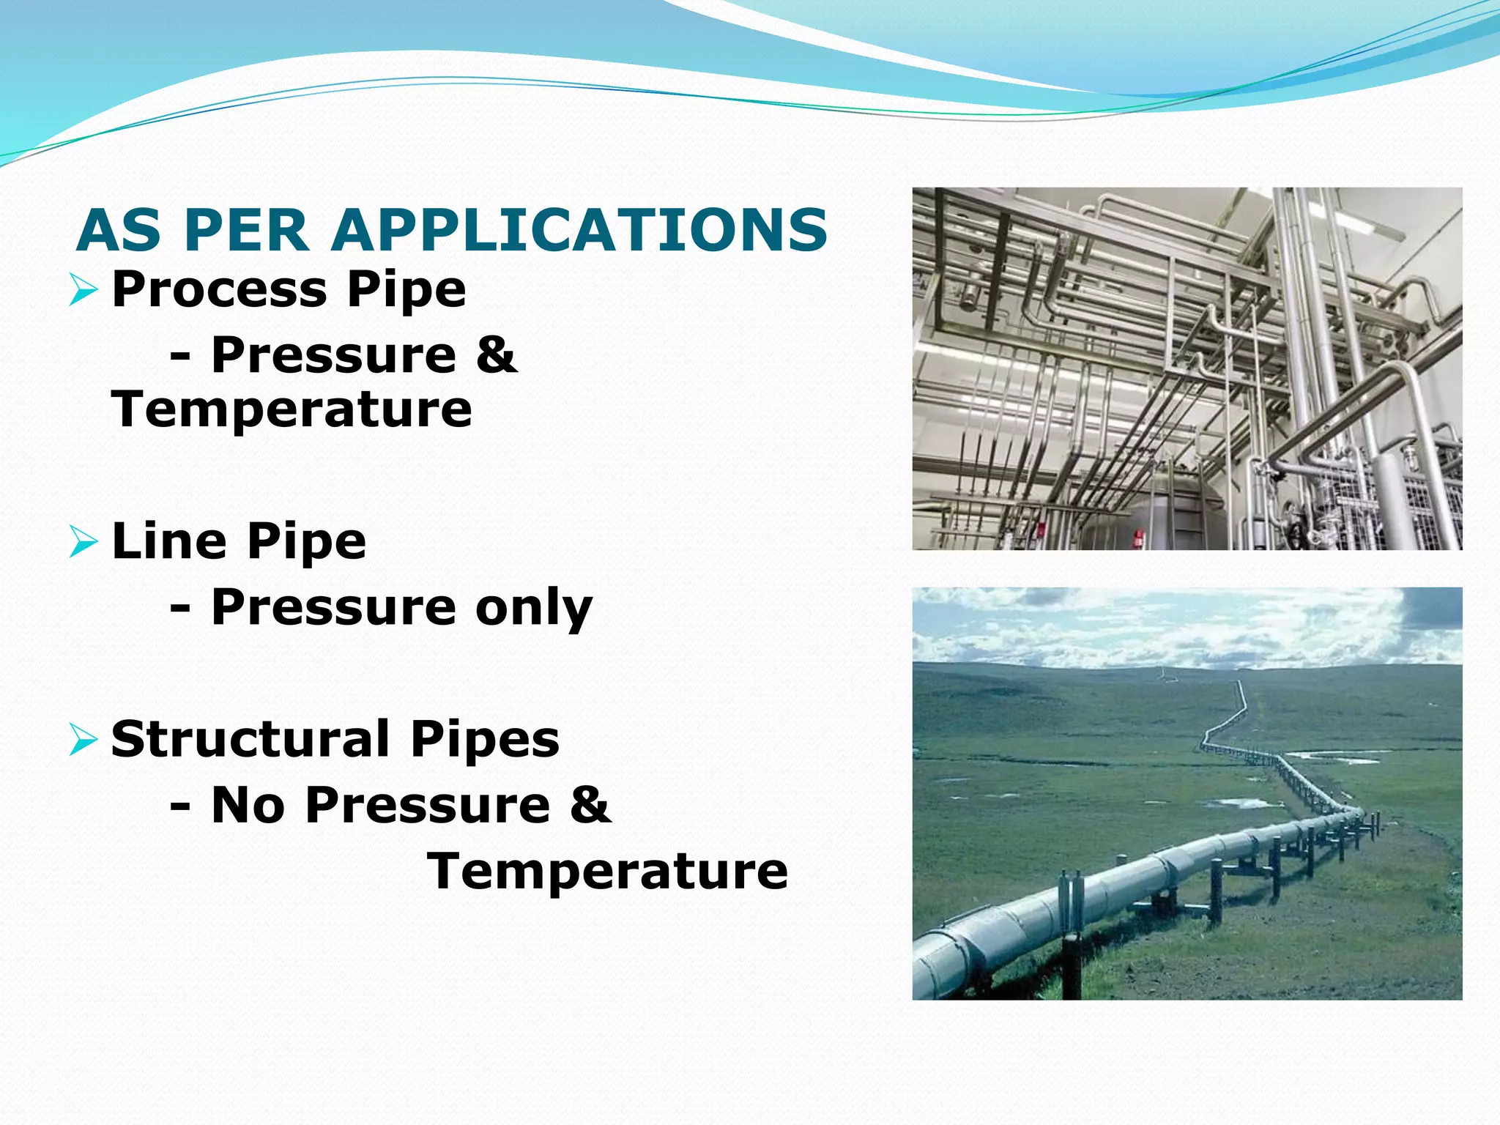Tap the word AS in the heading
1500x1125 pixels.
(118, 230)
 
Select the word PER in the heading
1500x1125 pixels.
(246, 230)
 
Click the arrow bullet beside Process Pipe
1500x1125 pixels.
(83, 290)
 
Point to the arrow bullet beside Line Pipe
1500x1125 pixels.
(83, 542)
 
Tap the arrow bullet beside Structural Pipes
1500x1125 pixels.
(83, 740)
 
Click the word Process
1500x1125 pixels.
(219, 290)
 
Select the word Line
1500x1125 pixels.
(169, 542)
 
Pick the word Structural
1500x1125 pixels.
(250, 740)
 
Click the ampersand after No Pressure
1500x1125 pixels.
(590, 804)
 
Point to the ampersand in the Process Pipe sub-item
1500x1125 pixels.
(497, 355)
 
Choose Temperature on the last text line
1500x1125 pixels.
(608, 872)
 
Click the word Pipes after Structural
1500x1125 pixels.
(485, 740)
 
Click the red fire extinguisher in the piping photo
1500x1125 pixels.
(1138, 538)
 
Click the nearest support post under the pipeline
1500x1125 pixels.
(1072, 952)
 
